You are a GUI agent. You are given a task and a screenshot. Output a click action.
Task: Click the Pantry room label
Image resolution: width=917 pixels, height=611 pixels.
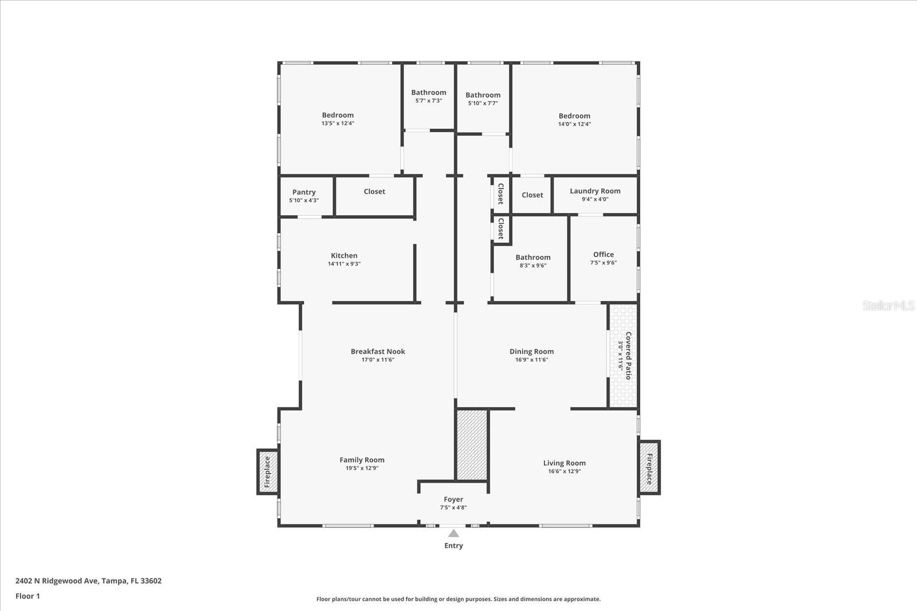[304, 192]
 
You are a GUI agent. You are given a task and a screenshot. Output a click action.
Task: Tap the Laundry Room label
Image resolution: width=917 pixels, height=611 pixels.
[595, 191]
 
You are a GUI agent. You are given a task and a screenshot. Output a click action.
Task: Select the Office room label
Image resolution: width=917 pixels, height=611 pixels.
[603, 254]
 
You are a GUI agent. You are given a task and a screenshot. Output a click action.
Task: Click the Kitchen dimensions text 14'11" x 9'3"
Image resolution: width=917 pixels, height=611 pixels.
[344, 264]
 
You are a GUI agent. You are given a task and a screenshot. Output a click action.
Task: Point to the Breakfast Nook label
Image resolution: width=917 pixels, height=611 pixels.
[378, 352]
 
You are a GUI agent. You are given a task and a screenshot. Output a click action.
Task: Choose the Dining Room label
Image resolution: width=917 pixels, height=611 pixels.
[531, 352]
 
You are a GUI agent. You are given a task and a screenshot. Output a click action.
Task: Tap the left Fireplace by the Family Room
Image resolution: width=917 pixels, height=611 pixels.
[267, 472]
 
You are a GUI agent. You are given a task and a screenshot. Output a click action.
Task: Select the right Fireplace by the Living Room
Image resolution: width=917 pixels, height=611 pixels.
[649, 468]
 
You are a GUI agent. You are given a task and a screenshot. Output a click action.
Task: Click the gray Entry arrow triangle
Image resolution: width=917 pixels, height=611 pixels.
[453, 534]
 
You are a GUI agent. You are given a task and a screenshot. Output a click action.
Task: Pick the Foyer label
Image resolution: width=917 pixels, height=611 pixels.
[453, 499]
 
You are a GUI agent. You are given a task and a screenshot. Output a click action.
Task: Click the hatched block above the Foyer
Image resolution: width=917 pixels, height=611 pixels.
[472, 444]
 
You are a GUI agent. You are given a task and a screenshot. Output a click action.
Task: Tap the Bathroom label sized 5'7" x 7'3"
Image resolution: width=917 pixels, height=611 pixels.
[428, 92]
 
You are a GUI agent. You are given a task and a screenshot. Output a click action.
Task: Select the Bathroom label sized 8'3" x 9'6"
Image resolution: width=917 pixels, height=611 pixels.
[532, 257]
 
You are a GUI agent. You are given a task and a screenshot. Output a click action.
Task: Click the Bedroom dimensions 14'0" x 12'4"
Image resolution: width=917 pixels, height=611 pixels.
[574, 124]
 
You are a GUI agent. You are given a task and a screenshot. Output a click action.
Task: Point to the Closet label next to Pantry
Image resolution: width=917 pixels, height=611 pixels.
[374, 191]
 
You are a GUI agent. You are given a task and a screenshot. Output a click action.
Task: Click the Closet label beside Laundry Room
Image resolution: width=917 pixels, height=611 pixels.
[532, 195]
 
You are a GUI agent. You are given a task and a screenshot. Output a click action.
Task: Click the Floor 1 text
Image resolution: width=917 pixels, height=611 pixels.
[28, 596]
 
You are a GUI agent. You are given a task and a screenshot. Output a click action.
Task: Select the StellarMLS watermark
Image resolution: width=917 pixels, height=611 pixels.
[888, 306]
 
